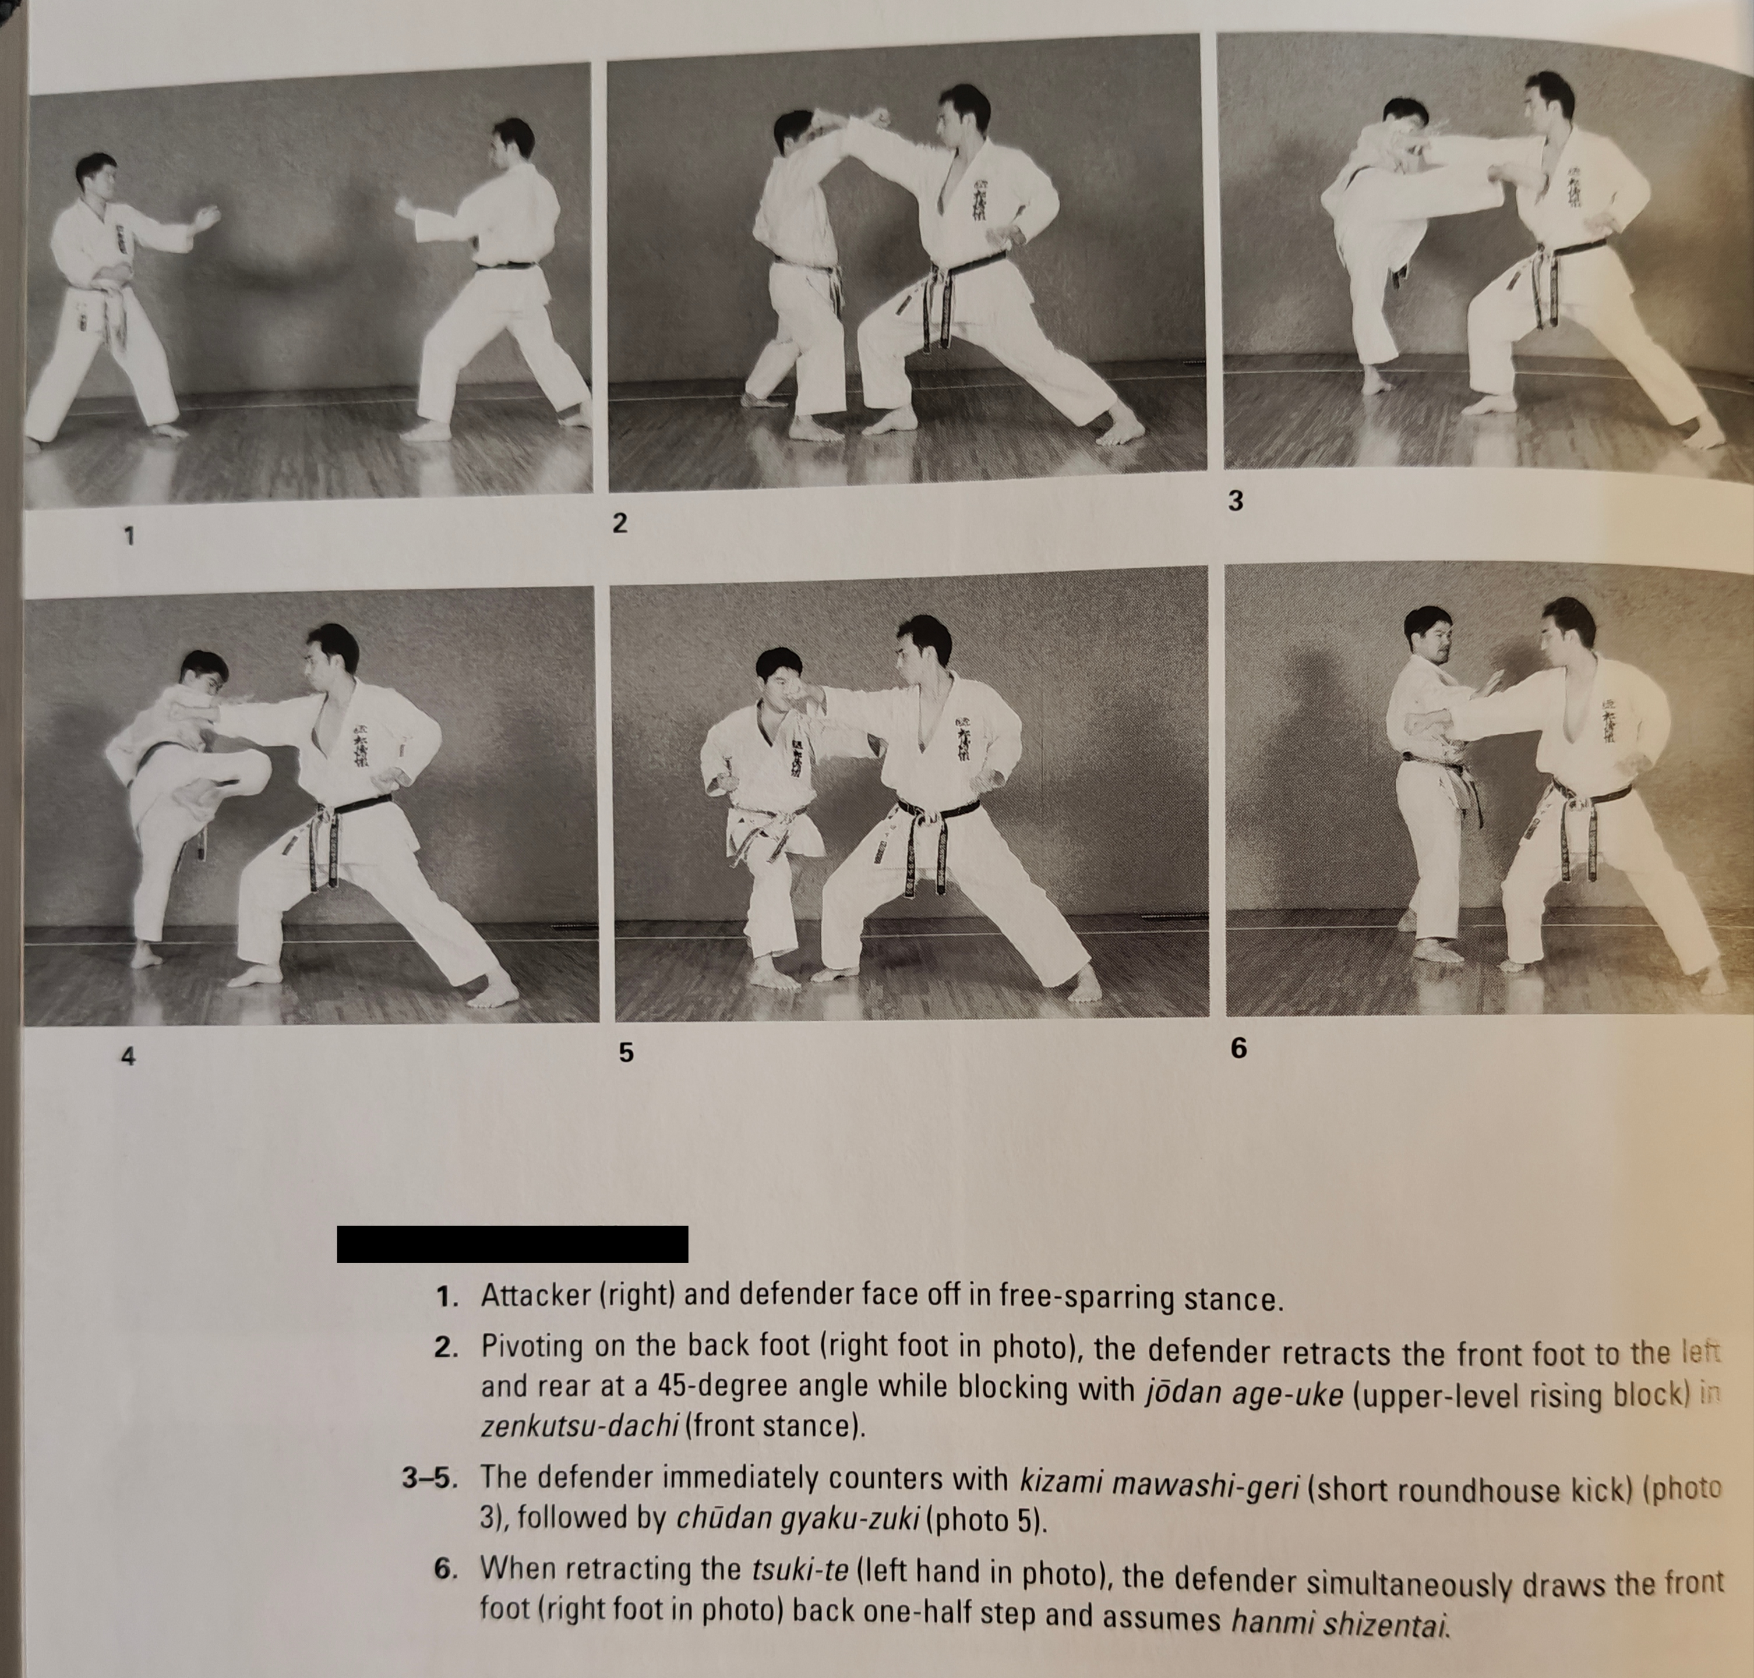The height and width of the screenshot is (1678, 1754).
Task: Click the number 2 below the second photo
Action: coord(619,523)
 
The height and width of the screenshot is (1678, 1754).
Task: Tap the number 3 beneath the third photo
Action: coord(1236,502)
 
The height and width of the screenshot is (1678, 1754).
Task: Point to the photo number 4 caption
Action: coord(128,1056)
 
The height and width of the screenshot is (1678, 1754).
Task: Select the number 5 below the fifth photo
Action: coord(626,1053)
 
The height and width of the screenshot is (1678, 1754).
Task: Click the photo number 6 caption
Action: coord(1238,1047)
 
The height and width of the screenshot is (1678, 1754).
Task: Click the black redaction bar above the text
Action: coord(512,1244)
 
